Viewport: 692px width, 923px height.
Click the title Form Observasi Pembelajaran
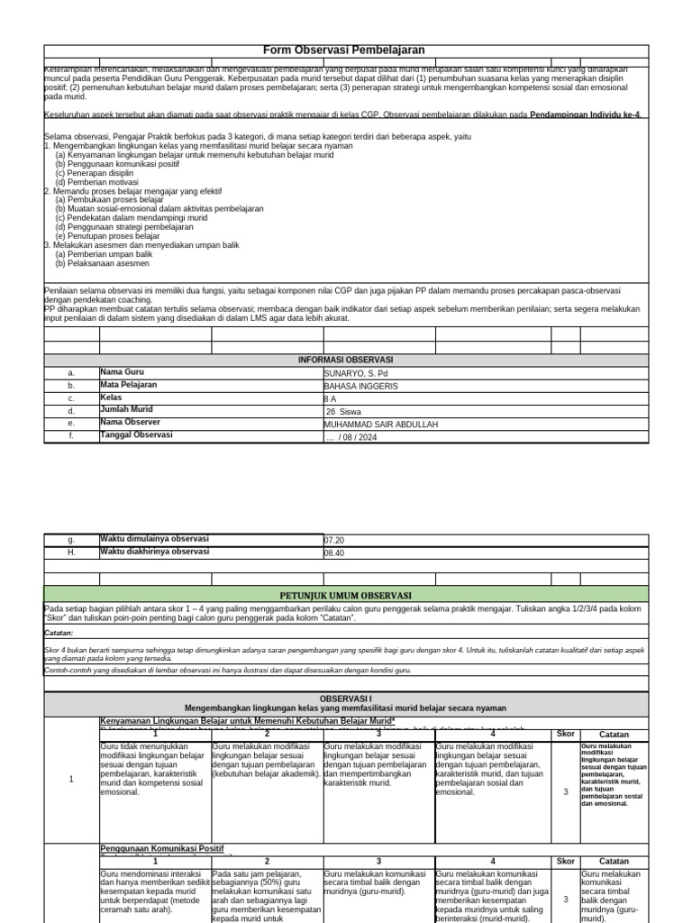pos(343,50)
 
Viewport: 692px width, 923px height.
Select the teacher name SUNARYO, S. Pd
pos(355,372)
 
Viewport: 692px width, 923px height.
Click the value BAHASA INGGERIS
pos(360,386)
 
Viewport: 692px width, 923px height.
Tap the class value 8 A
pos(330,398)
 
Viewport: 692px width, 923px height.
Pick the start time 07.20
pos(333,541)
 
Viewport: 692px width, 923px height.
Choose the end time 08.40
pos(333,553)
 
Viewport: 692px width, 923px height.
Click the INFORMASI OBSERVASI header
pos(345,360)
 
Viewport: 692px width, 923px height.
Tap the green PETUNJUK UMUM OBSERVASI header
pos(345,596)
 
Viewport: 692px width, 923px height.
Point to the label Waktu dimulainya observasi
pos(154,539)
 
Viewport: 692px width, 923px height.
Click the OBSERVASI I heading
pos(345,699)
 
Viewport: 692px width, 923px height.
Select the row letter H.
pos(71,553)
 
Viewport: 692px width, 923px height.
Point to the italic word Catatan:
pos(59,633)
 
